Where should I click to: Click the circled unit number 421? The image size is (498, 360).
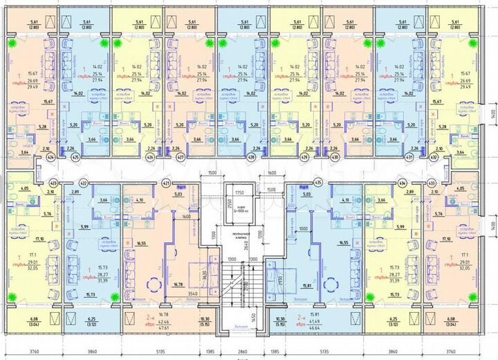pyautogui.click(x=165, y=183)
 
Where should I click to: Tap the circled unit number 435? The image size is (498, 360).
pyautogui.click(x=318, y=183)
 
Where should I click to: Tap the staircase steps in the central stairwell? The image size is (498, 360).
pyautogui.click(x=242, y=284)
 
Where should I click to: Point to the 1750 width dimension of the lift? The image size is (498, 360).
pyautogui.click(x=240, y=192)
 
